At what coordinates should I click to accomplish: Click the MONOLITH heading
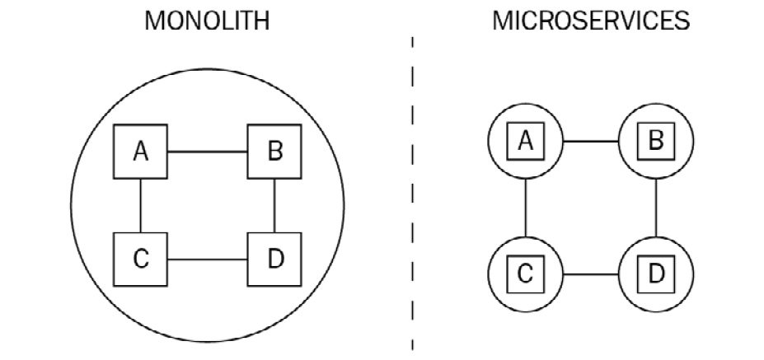click(x=207, y=21)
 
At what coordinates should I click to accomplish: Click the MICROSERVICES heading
click(x=591, y=21)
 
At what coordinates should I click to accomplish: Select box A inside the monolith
click(x=140, y=152)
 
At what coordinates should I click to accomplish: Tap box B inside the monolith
click(x=274, y=152)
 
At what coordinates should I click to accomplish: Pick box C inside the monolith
click(x=140, y=259)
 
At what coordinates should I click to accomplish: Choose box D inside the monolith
click(x=274, y=259)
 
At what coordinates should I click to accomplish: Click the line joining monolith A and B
click(x=208, y=152)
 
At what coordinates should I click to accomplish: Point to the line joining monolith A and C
click(x=140, y=206)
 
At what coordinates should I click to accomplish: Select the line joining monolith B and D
click(x=274, y=206)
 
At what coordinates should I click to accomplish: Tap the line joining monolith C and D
click(x=208, y=259)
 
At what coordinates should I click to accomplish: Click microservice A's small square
click(x=525, y=141)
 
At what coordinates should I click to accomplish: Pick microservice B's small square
click(x=656, y=141)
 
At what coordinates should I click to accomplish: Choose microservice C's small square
click(x=525, y=274)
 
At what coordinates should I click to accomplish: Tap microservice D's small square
click(x=656, y=274)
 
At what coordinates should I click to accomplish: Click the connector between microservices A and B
click(x=591, y=141)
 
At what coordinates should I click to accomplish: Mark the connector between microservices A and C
click(x=526, y=208)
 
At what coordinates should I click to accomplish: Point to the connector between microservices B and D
click(x=656, y=208)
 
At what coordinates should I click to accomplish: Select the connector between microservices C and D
click(x=591, y=274)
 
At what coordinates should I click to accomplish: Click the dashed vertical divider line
click(x=412, y=194)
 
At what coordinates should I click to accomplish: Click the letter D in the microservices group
click(x=656, y=274)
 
